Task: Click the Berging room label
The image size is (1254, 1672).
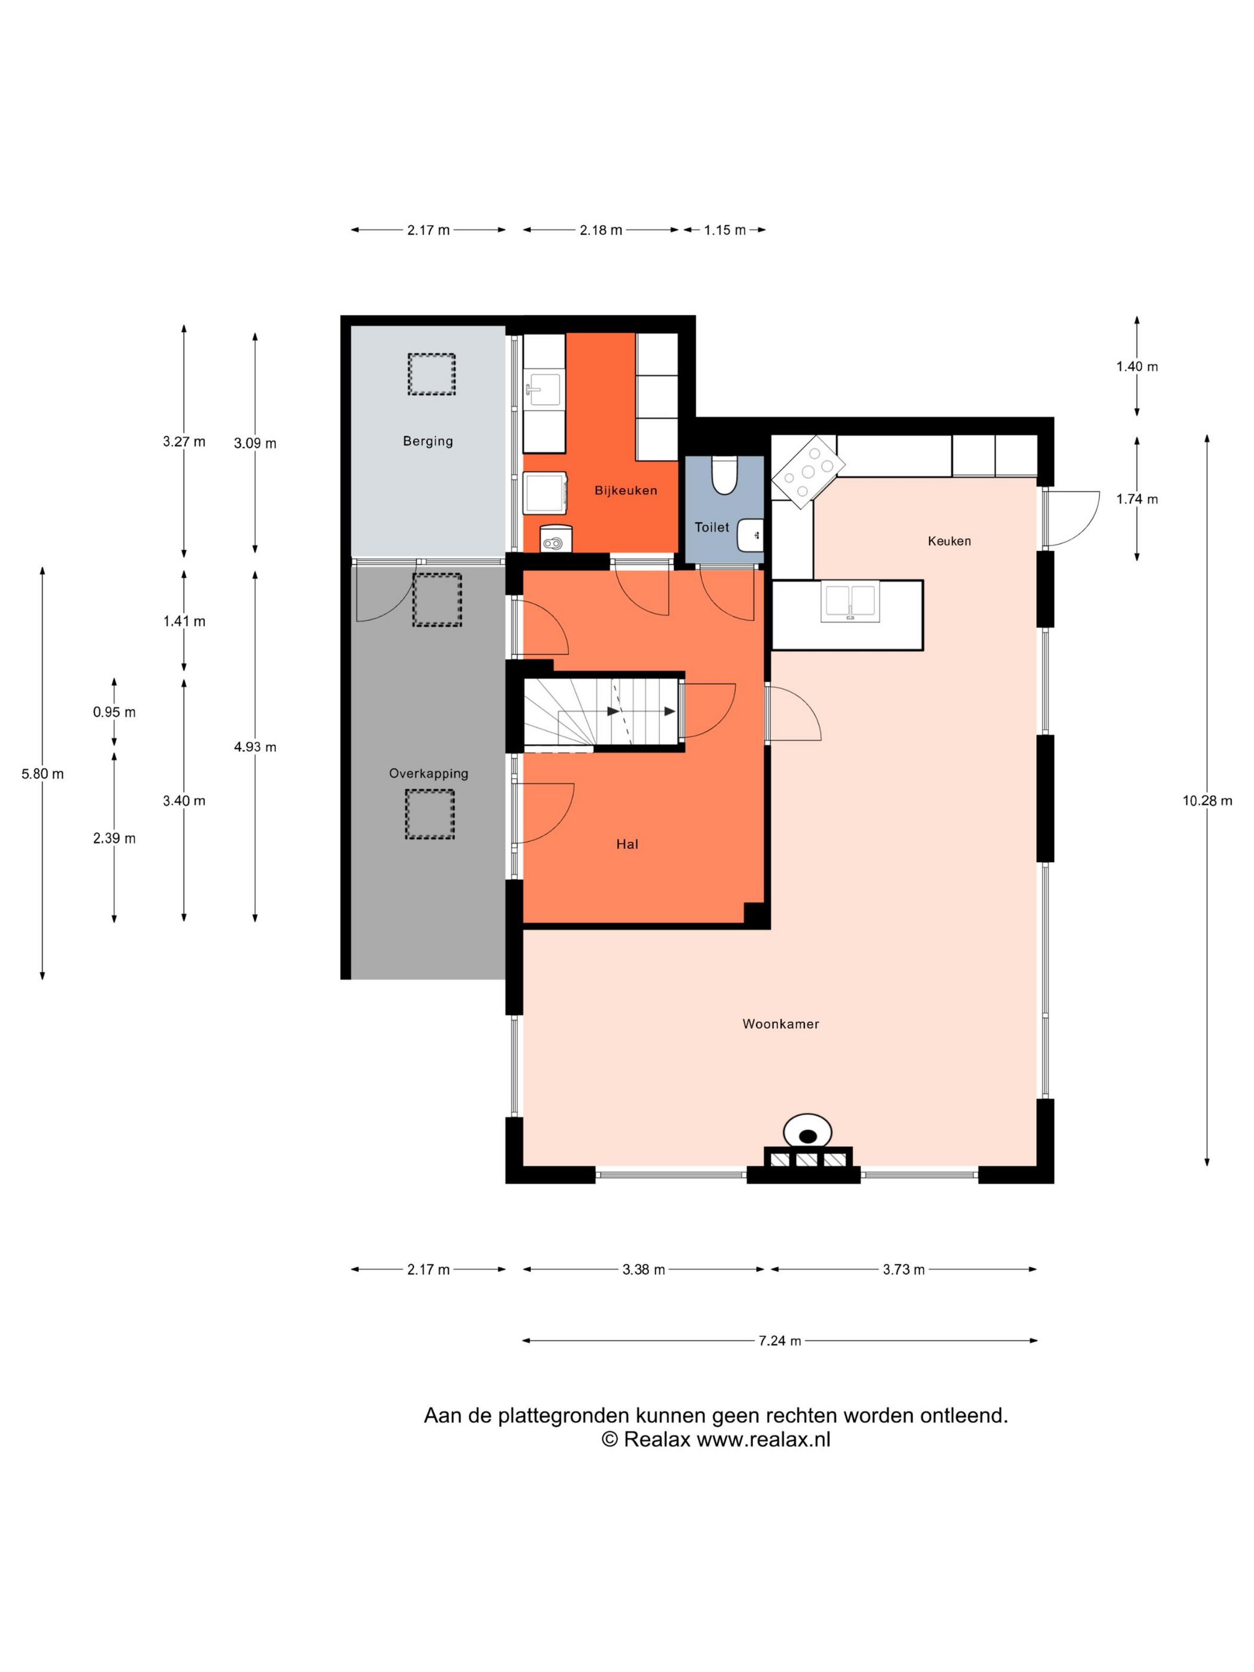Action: click(x=428, y=441)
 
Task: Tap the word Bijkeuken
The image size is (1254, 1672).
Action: click(x=626, y=491)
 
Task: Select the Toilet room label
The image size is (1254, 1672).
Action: click(x=712, y=527)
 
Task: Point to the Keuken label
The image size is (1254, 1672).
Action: click(x=949, y=540)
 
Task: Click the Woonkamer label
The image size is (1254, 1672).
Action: click(x=781, y=1024)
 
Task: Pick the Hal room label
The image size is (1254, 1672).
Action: click(x=628, y=844)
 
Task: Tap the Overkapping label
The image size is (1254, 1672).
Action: click(x=429, y=773)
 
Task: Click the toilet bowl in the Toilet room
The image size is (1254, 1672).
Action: click(x=724, y=475)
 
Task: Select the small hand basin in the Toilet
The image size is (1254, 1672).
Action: click(x=751, y=534)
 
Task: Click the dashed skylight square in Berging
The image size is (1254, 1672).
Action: click(x=432, y=374)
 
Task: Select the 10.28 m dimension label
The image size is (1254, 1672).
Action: click(x=1207, y=801)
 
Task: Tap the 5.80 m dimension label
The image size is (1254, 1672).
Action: click(x=42, y=773)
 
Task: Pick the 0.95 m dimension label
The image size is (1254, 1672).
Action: click(x=114, y=711)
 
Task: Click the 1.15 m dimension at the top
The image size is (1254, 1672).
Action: click(x=725, y=230)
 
